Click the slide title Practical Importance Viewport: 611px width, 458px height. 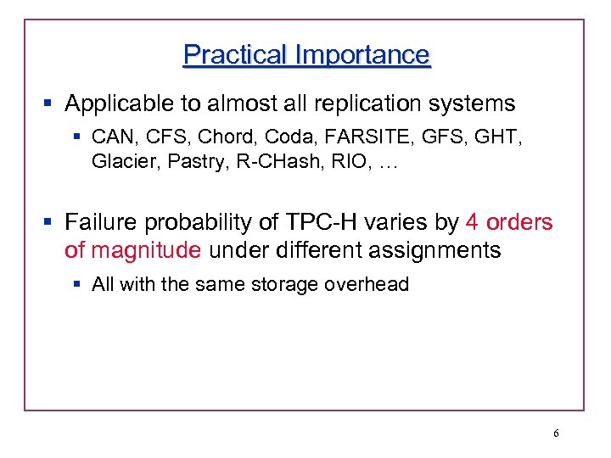(x=306, y=55)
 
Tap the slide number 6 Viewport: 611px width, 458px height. (x=556, y=433)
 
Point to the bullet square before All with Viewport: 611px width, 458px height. (x=79, y=284)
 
